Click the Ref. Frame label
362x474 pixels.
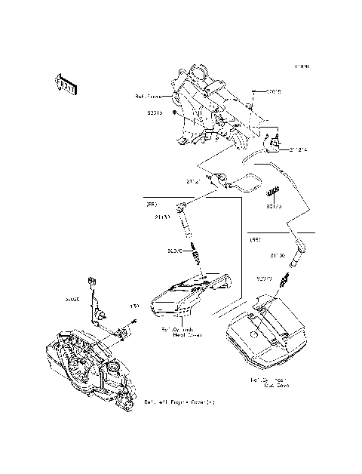click(149, 97)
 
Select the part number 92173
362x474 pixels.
click(273, 205)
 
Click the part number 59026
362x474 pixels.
click(72, 300)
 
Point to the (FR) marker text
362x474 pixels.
click(151, 204)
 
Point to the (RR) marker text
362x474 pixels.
click(256, 239)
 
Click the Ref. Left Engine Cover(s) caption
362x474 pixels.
click(179, 402)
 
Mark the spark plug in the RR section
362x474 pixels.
click(284, 285)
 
